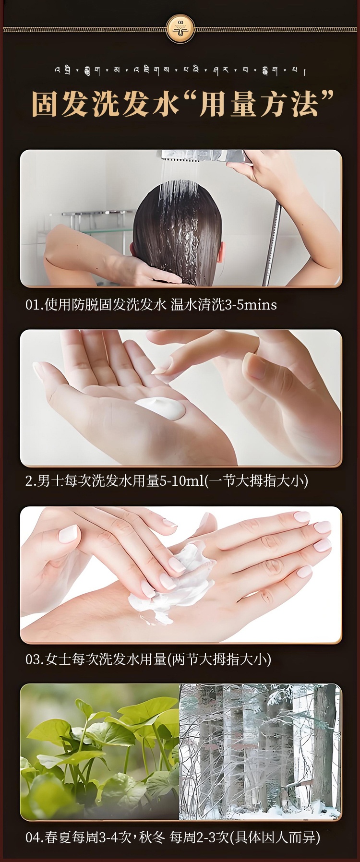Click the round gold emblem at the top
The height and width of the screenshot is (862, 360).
pos(180,28)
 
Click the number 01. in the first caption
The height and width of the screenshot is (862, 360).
pos(35,305)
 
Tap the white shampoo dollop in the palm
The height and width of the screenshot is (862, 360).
pos(161,408)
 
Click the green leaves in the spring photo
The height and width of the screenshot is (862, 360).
pos(101,749)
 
